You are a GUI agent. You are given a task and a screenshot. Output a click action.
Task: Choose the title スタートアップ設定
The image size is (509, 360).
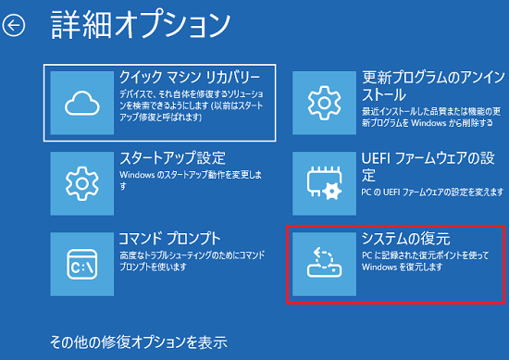172,158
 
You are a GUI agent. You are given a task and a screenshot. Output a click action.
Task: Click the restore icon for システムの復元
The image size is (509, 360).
325,263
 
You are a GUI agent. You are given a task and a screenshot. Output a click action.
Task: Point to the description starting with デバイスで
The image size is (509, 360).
189,102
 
